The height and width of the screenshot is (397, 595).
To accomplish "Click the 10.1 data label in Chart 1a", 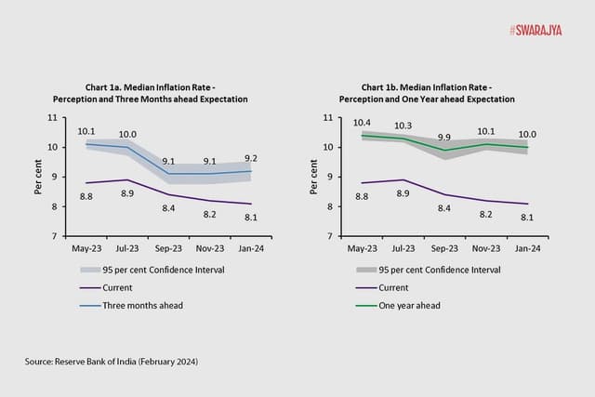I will pos(86,131).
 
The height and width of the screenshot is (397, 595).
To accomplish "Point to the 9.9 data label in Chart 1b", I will pos(444,137).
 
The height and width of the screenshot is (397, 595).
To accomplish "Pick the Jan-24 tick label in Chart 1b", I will pos(526,249).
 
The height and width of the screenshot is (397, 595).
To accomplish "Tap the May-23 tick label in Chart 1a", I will pos(86,249).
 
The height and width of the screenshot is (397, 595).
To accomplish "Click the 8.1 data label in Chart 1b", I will pos(527,218).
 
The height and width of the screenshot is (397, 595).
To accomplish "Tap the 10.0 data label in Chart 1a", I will pos(128,135).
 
